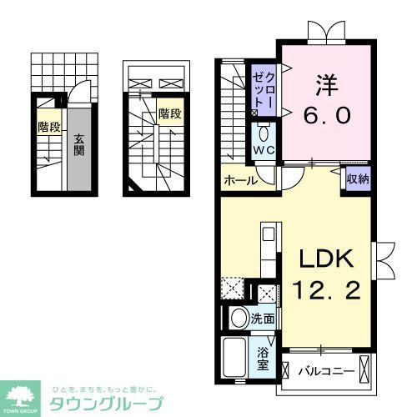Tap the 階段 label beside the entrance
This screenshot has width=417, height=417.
48,127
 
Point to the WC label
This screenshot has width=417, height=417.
264,150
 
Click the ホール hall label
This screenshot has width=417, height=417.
239,180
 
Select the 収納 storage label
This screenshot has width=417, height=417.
357,179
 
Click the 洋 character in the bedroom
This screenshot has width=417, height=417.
324,85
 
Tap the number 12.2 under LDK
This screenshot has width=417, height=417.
325,292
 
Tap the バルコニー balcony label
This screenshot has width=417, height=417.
328,369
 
